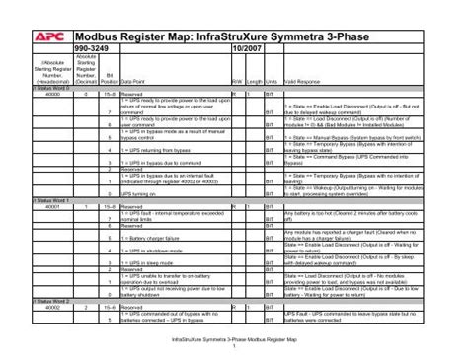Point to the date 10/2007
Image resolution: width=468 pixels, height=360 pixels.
pos(245,47)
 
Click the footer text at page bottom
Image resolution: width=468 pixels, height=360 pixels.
pos(233,338)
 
